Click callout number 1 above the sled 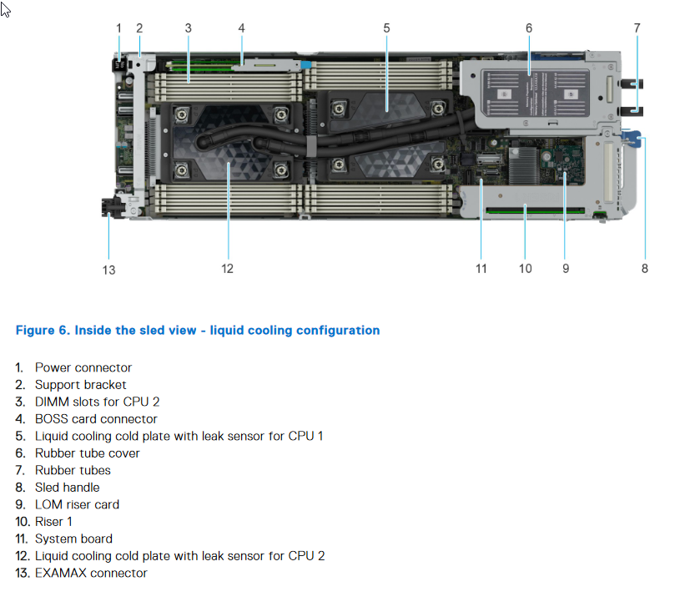pos(118,28)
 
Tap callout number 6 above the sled pos(529,28)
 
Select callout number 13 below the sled pos(109,270)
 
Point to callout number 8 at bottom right pos(645,269)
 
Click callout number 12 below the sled pos(228,269)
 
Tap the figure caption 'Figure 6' pos(197,331)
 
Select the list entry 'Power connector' pos(83,368)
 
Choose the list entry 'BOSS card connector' pos(95,419)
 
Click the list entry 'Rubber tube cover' pos(87,453)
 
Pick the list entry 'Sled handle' pos(67,488)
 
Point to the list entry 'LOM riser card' pos(77,505)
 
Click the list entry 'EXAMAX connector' pos(90,574)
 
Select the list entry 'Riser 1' pos(53,522)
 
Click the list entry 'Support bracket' pos(80,385)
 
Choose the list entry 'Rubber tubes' pos(73,471)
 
